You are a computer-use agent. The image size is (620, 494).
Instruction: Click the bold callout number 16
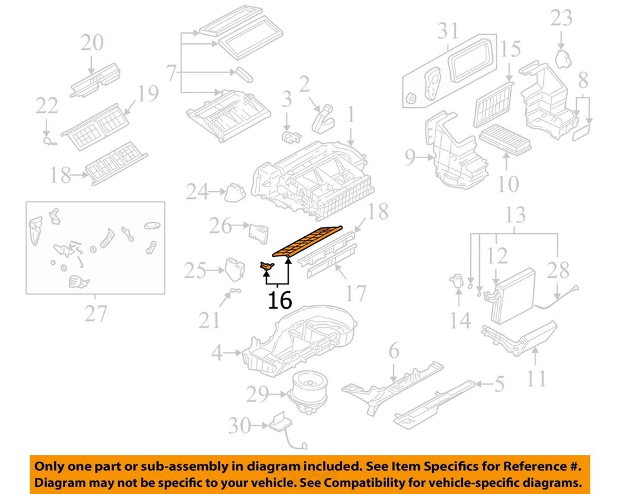281,300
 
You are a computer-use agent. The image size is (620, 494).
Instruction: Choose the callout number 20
92,43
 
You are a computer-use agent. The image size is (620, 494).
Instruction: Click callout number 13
515,215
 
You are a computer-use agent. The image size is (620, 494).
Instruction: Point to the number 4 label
218,353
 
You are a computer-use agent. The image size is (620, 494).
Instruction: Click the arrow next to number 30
257,425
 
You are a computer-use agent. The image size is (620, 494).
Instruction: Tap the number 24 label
198,192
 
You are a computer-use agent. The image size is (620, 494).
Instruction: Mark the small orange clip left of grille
265,265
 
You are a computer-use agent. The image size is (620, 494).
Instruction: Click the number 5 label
499,385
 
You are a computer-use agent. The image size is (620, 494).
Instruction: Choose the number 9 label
409,156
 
